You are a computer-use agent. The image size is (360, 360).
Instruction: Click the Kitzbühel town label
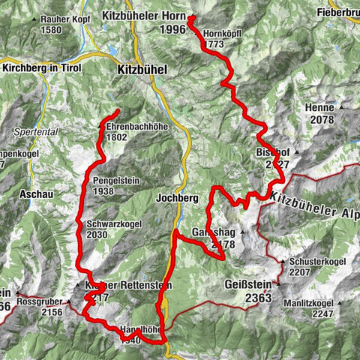click(x=143, y=68)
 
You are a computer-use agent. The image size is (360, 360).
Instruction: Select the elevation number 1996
click(x=172, y=29)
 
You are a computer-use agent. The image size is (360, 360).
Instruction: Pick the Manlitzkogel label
click(x=308, y=303)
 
